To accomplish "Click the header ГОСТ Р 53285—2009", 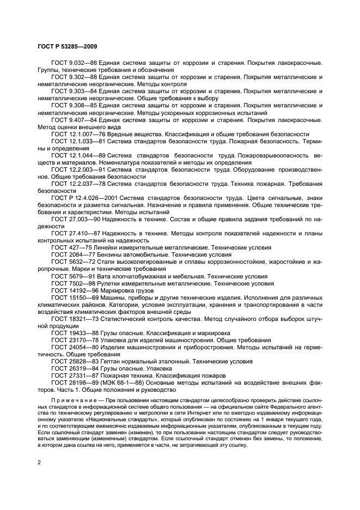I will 67,47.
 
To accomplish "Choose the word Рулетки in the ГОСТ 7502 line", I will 111,283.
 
